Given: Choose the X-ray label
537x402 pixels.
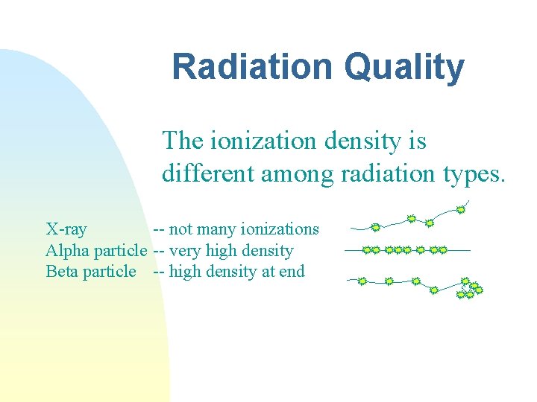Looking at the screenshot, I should tap(66, 229).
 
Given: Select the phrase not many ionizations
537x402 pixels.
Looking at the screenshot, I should tap(244, 229).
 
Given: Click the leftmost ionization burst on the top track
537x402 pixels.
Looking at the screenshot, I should tap(376, 227).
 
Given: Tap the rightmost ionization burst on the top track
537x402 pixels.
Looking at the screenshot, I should tap(461, 210).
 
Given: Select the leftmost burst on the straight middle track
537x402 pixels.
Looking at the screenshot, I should tap(367, 250).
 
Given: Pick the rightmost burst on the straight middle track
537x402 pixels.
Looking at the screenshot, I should tap(442, 250).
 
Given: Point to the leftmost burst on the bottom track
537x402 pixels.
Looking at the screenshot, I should tap(362, 281).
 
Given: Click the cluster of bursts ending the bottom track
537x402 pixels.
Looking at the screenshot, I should tap(469, 290).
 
